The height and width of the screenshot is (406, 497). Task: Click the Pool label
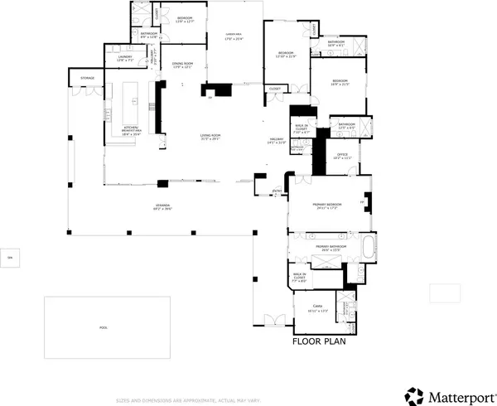[x=104, y=327]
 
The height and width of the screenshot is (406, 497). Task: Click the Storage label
[x=88, y=79]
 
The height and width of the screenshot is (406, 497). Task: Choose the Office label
[x=342, y=155]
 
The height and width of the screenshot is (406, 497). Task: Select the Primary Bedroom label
[x=327, y=207]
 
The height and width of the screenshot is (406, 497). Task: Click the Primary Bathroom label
[x=331, y=247]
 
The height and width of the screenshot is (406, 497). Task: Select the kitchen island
[x=130, y=100]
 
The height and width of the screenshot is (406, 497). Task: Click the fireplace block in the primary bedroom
[x=369, y=201]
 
